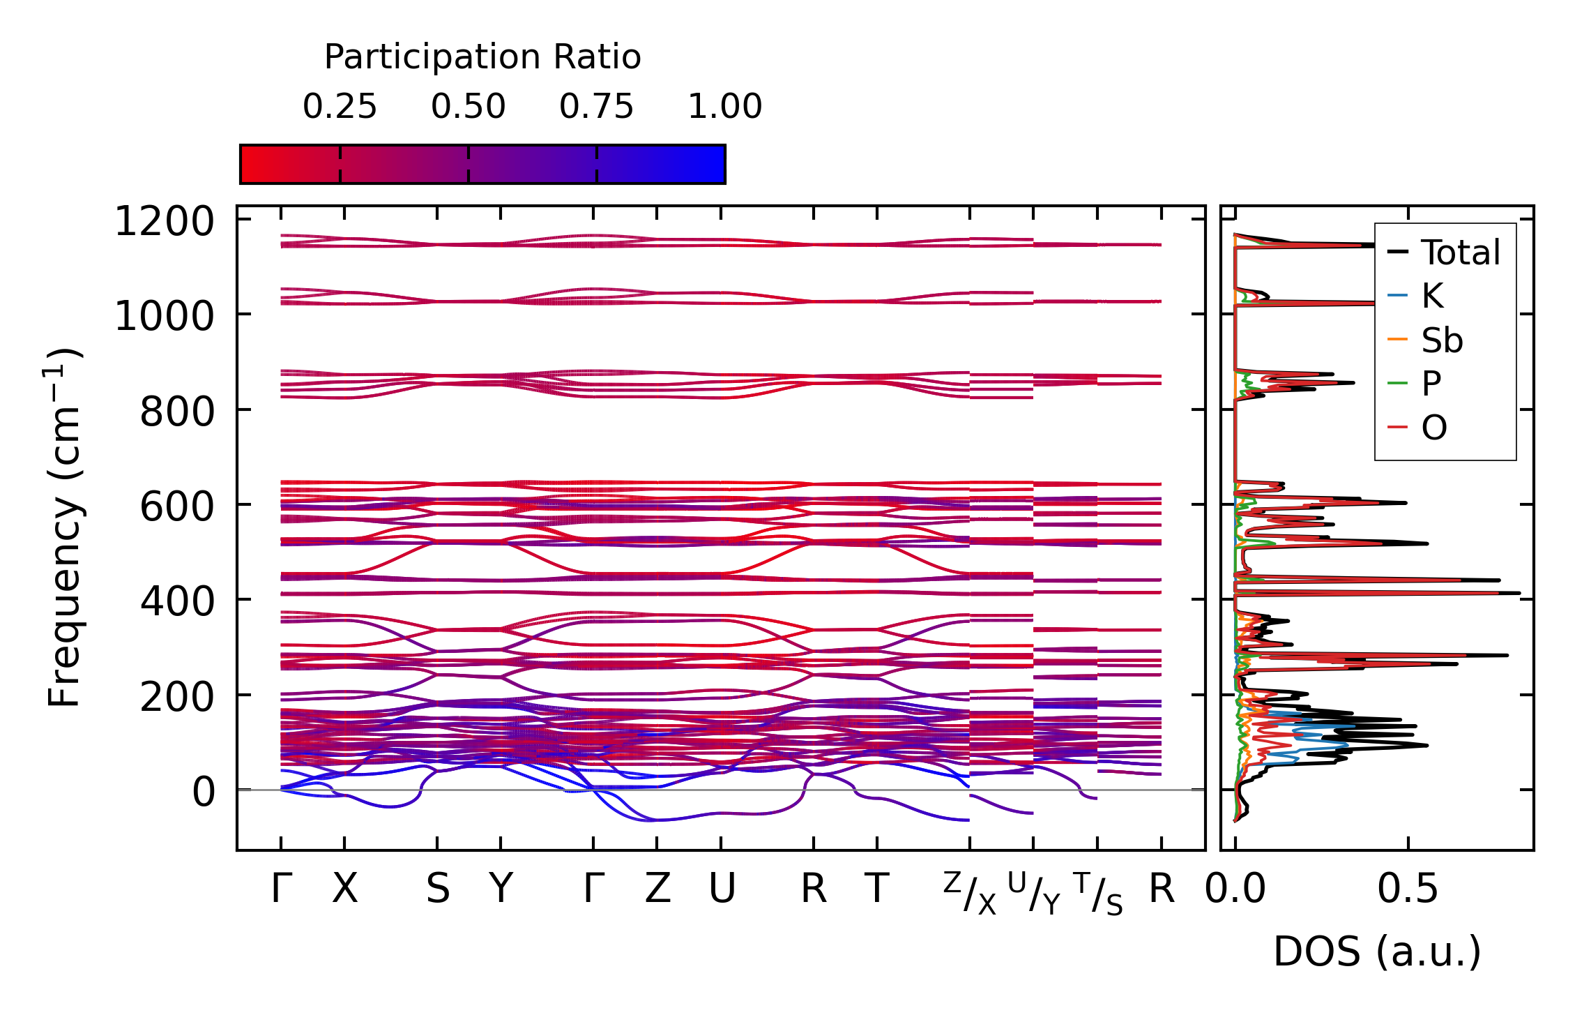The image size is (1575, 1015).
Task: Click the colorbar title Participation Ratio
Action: (x=482, y=57)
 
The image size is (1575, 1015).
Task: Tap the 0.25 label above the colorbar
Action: (x=340, y=107)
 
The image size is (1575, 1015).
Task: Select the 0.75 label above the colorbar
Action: (x=596, y=107)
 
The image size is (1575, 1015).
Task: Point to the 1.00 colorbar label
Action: (x=724, y=107)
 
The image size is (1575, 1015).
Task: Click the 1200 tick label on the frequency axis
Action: (x=164, y=223)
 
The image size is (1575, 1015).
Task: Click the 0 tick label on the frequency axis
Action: (x=204, y=792)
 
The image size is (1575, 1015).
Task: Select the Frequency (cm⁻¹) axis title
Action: (x=64, y=527)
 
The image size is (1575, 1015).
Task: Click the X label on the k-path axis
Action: (x=344, y=889)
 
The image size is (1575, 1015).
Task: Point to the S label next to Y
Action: (x=438, y=889)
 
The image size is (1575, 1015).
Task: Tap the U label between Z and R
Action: (x=722, y=889)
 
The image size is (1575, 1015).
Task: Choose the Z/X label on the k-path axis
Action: (x=970, y=893)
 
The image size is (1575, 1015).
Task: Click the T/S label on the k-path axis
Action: (x=1097, y=893)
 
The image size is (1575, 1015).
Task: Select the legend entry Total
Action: (x=1460, y=253)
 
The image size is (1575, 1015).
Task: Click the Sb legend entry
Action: (x=1442, y=340)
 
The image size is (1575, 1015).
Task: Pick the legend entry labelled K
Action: (x=1432, y=296)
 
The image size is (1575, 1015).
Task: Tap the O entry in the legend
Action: (x=1434, y=428)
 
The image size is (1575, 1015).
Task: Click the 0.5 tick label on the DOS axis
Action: (x=1407, y=889)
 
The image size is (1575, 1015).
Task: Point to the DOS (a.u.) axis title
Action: (x=1377, y=952)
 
